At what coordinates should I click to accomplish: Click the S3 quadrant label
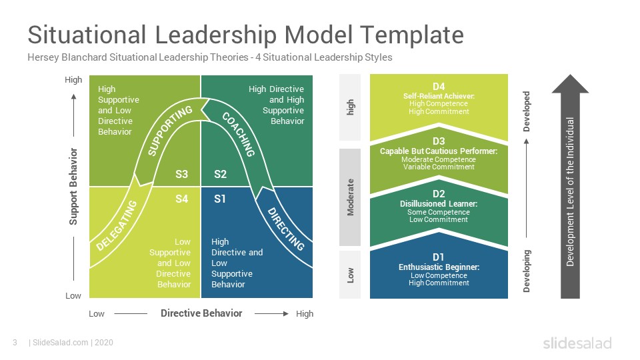coord(181,174)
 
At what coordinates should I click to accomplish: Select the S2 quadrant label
coord(220,174)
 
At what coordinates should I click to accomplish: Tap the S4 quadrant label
coord(181,199)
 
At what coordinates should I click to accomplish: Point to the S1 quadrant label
coord(219,199)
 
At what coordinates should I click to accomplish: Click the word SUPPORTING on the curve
coord(169,131)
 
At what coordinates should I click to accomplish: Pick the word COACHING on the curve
coord(239,134)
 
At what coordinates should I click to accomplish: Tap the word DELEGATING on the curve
coord(117,225)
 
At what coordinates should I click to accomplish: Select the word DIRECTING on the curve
coord(286,229)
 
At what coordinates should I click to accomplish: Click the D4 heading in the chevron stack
coord(439,87)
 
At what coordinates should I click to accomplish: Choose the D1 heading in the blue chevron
coord(439,257)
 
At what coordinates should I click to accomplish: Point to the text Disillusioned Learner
coord(439,204)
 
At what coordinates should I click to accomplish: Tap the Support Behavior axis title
coord(73,186)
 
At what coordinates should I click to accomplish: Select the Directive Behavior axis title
coord(201,313)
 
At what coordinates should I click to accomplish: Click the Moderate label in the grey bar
coord(350,197)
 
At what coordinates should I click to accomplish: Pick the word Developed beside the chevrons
coord(527,111)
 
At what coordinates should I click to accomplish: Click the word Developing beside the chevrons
coord(527,271)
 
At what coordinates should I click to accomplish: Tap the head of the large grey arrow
coord(570,85)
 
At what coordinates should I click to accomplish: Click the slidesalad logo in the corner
coord(577,343)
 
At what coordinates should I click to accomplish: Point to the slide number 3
coord(15,343)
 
